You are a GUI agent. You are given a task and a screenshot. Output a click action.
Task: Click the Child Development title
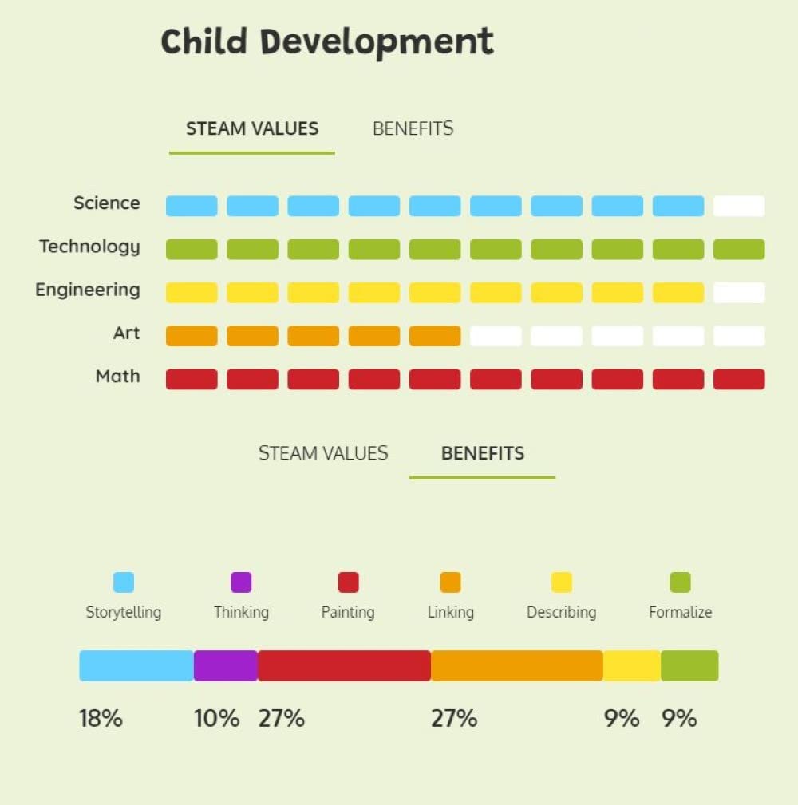[327, 41]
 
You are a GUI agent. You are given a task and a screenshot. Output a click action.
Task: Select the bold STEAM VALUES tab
[252, 128]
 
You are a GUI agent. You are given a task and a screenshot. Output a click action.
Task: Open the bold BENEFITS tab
[483, 453]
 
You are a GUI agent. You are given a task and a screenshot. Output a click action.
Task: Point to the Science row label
[107, 203]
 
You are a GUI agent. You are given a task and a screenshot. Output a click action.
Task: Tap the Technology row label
[89, 247]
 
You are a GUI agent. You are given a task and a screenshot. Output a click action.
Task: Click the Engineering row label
[88, 290]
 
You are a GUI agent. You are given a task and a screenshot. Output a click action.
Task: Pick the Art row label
[126, 333]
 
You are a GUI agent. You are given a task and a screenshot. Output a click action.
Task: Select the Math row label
[117, 376]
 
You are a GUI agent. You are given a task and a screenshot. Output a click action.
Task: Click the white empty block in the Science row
[739, 206]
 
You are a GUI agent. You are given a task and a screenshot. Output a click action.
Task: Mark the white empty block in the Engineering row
[739, 293]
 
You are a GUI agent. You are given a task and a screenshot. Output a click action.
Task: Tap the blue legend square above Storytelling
[124, 582]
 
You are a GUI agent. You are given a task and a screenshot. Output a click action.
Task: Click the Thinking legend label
[241, 613]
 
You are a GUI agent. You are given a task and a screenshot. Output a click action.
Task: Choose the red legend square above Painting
[348, 582]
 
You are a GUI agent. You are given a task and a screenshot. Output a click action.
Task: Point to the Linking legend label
[451, 613]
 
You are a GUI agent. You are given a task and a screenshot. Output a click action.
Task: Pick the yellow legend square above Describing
[562, 582]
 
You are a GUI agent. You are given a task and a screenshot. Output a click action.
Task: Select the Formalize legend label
[681, 613]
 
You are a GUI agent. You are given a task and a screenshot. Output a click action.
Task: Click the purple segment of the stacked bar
[226, 665]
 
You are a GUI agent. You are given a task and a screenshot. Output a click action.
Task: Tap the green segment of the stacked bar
[689, 665]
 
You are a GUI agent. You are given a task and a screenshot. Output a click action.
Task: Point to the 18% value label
[101, 719]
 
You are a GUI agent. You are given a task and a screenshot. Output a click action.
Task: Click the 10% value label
[217, 719]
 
